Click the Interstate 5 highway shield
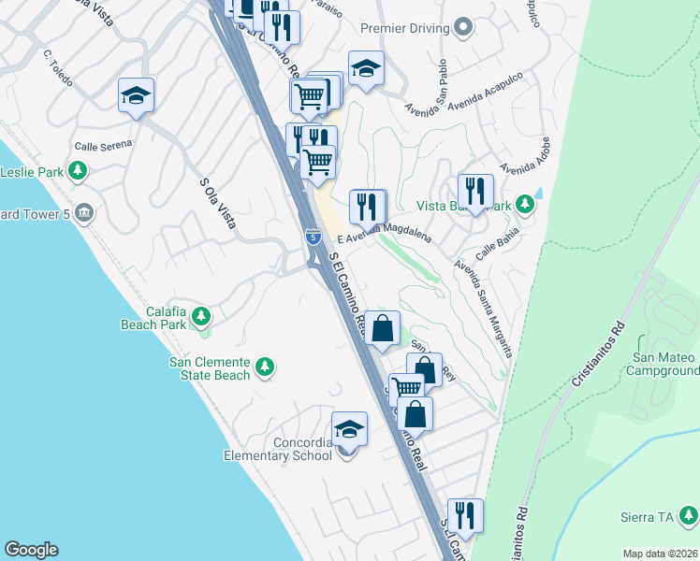(312, 238)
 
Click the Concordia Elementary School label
(277, 449)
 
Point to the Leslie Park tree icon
(79, 171)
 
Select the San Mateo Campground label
(663, 365)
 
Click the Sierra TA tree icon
(688, 514)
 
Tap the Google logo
(31, 550)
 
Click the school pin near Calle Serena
(137, 95)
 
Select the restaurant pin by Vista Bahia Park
(475, 193)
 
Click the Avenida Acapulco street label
(450, 104)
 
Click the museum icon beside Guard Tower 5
(85, 212)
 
